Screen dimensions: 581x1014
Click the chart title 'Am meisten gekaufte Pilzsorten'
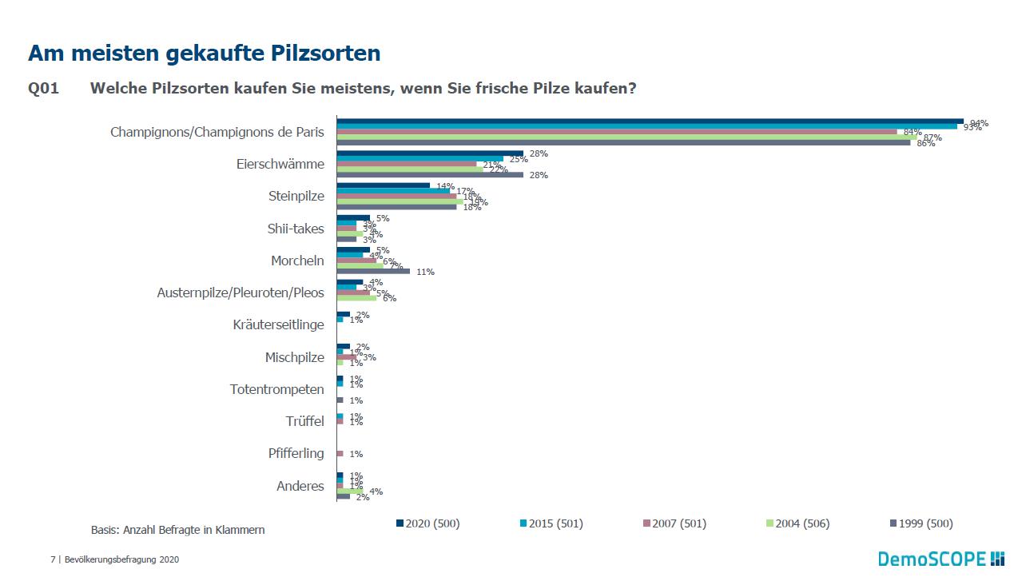[x=204, y=54]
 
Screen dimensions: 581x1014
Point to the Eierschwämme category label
[x=280, y=164]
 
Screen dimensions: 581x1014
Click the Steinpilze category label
[x=296, y=196]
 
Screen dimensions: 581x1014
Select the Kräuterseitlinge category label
[x=278, y=324]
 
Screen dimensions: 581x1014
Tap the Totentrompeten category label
[x=276, y=389]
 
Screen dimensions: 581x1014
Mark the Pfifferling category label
[x=296, y=453]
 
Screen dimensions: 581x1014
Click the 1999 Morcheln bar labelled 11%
[x=373, y=272]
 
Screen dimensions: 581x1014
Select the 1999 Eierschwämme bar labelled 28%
[x=430, y=174]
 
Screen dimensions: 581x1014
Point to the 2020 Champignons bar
[x=650, y=121]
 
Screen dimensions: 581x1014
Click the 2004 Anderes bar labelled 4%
[x=350, y=491]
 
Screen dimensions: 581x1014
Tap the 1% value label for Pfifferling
[x=356, y=454]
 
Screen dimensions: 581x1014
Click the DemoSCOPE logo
[x=940, y=559]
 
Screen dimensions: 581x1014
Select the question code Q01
[x=43, y=89]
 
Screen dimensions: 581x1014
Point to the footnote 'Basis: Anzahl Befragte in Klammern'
[x=177, y=530]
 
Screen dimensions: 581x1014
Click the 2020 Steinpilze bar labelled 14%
[x=383, y=185]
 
